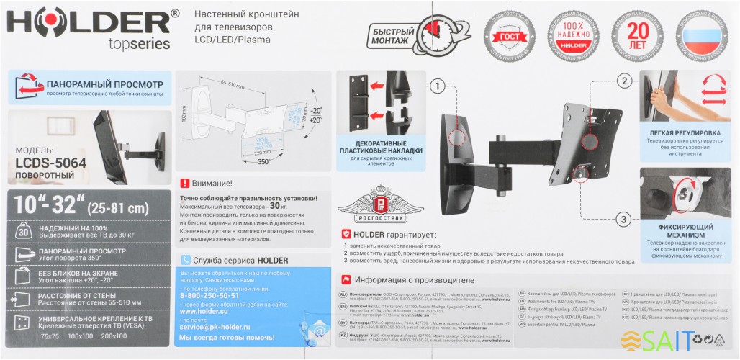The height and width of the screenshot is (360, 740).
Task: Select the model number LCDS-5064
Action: coord(50,163)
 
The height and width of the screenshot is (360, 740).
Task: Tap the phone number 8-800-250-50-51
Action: coord(209,296)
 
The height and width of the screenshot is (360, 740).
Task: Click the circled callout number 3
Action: coord(625,219)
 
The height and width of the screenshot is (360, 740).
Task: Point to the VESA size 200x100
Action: coord(114,336)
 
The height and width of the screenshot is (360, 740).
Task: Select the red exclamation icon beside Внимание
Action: coord(184,184)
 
